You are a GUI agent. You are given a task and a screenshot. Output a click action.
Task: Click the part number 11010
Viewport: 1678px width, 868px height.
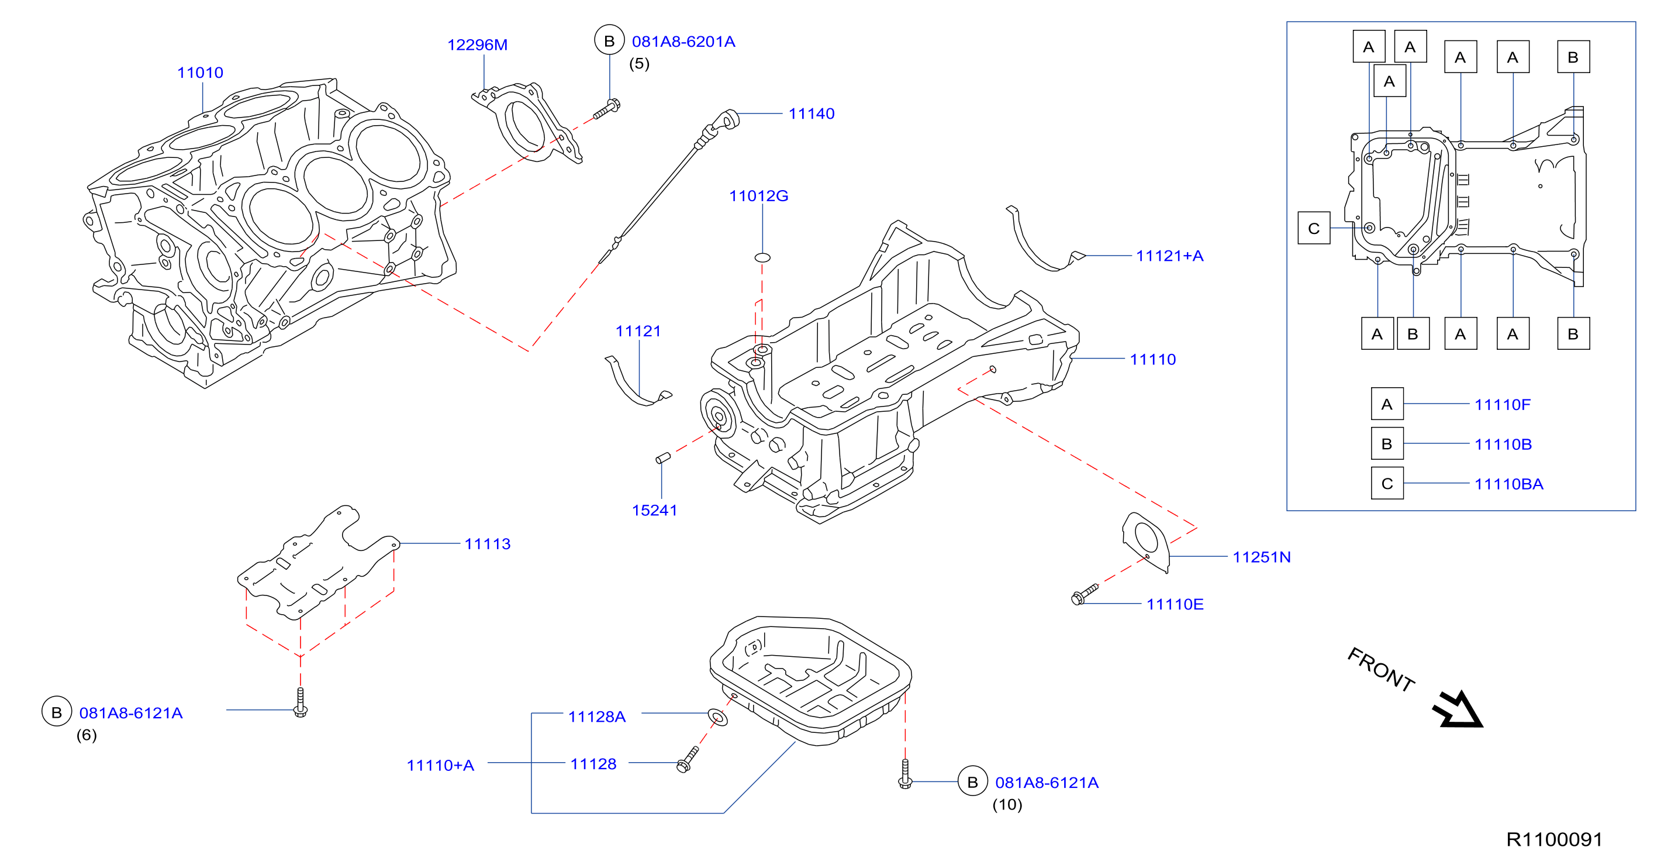200,73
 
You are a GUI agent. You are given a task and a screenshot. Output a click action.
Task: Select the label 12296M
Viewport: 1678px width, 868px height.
477,45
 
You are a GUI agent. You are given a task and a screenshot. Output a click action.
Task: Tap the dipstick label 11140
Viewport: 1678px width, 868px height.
811,113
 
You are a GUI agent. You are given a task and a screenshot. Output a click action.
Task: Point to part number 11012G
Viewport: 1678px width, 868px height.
758,195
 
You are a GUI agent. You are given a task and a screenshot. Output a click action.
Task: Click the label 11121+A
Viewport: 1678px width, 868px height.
1169,256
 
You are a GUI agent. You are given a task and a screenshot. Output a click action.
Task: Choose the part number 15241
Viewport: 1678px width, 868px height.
654,510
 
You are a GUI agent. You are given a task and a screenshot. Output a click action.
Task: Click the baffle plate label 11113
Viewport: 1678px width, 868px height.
487,543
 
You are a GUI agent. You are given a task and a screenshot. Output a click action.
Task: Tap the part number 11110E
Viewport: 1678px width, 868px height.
1175,604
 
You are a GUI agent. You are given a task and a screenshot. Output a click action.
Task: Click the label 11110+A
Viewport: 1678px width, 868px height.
440,765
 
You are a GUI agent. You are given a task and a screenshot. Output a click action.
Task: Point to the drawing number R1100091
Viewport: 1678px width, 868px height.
1554,839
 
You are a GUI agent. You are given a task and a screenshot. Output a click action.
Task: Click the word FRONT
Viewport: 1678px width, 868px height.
1381,669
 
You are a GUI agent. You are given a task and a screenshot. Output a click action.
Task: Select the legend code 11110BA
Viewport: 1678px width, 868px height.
1508,484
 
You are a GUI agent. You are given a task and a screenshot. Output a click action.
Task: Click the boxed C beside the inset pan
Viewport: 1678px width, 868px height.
1313,228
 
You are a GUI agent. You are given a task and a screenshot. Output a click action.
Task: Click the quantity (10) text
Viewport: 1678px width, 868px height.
1007,805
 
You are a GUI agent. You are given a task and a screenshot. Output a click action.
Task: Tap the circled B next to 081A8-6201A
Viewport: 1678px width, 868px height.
609,40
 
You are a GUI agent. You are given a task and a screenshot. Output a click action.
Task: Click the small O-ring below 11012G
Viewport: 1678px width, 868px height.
762,257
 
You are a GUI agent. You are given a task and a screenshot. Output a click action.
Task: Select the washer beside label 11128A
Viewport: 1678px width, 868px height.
718,718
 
